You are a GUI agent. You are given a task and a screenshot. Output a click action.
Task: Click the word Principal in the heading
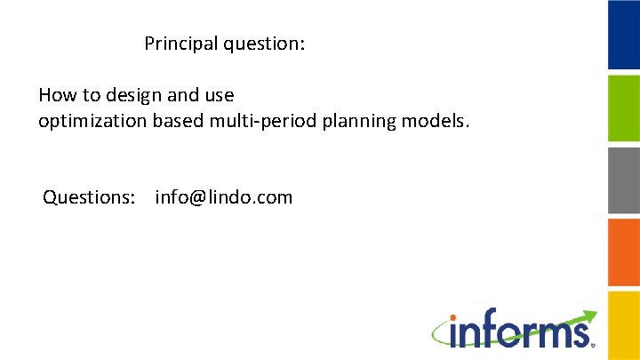coord(176,43)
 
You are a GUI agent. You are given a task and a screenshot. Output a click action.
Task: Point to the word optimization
coord(92,120)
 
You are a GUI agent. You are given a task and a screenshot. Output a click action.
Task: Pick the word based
coord(178,120)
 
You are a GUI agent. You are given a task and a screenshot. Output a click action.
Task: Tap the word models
coord(429,120)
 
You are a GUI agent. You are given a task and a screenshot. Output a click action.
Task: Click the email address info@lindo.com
coord(223,197)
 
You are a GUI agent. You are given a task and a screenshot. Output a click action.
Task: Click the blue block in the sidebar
coord(623,36)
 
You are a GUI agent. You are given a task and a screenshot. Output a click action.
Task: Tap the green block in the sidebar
coord(623,108)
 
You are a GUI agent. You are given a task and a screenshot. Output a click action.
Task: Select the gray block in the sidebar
coord(623,180)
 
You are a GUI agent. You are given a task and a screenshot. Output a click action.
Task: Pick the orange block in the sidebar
coord(623,252)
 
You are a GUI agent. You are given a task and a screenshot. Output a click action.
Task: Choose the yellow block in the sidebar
coord(623,324)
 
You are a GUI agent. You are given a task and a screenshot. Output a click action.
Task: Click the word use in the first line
coord(219,95)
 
